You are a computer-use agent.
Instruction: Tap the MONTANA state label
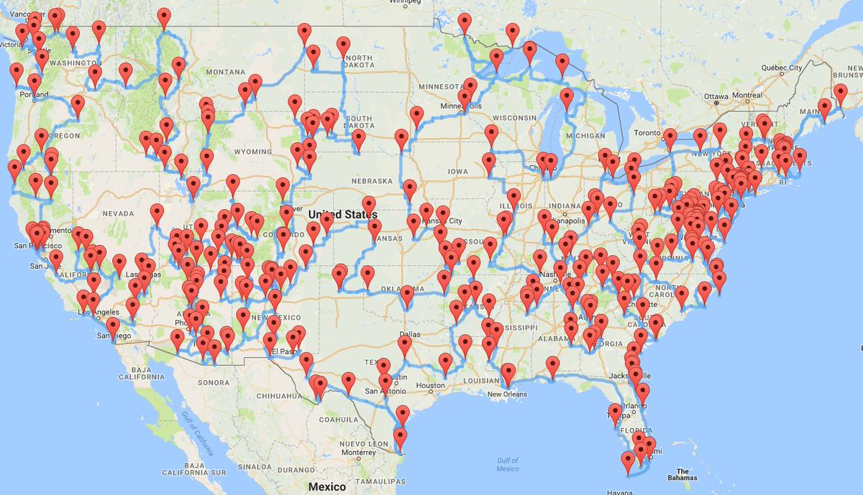[x=225, y=72]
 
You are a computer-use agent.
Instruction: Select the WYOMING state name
[x=252, y=152]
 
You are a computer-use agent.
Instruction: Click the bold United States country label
[x=342, y=214]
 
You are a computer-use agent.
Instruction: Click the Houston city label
[x=431, y=386]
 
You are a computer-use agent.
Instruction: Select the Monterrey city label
[x=359, y=453]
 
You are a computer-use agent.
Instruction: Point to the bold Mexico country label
[x=327, y=486]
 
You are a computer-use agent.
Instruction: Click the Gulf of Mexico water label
[x=508, y=464]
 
